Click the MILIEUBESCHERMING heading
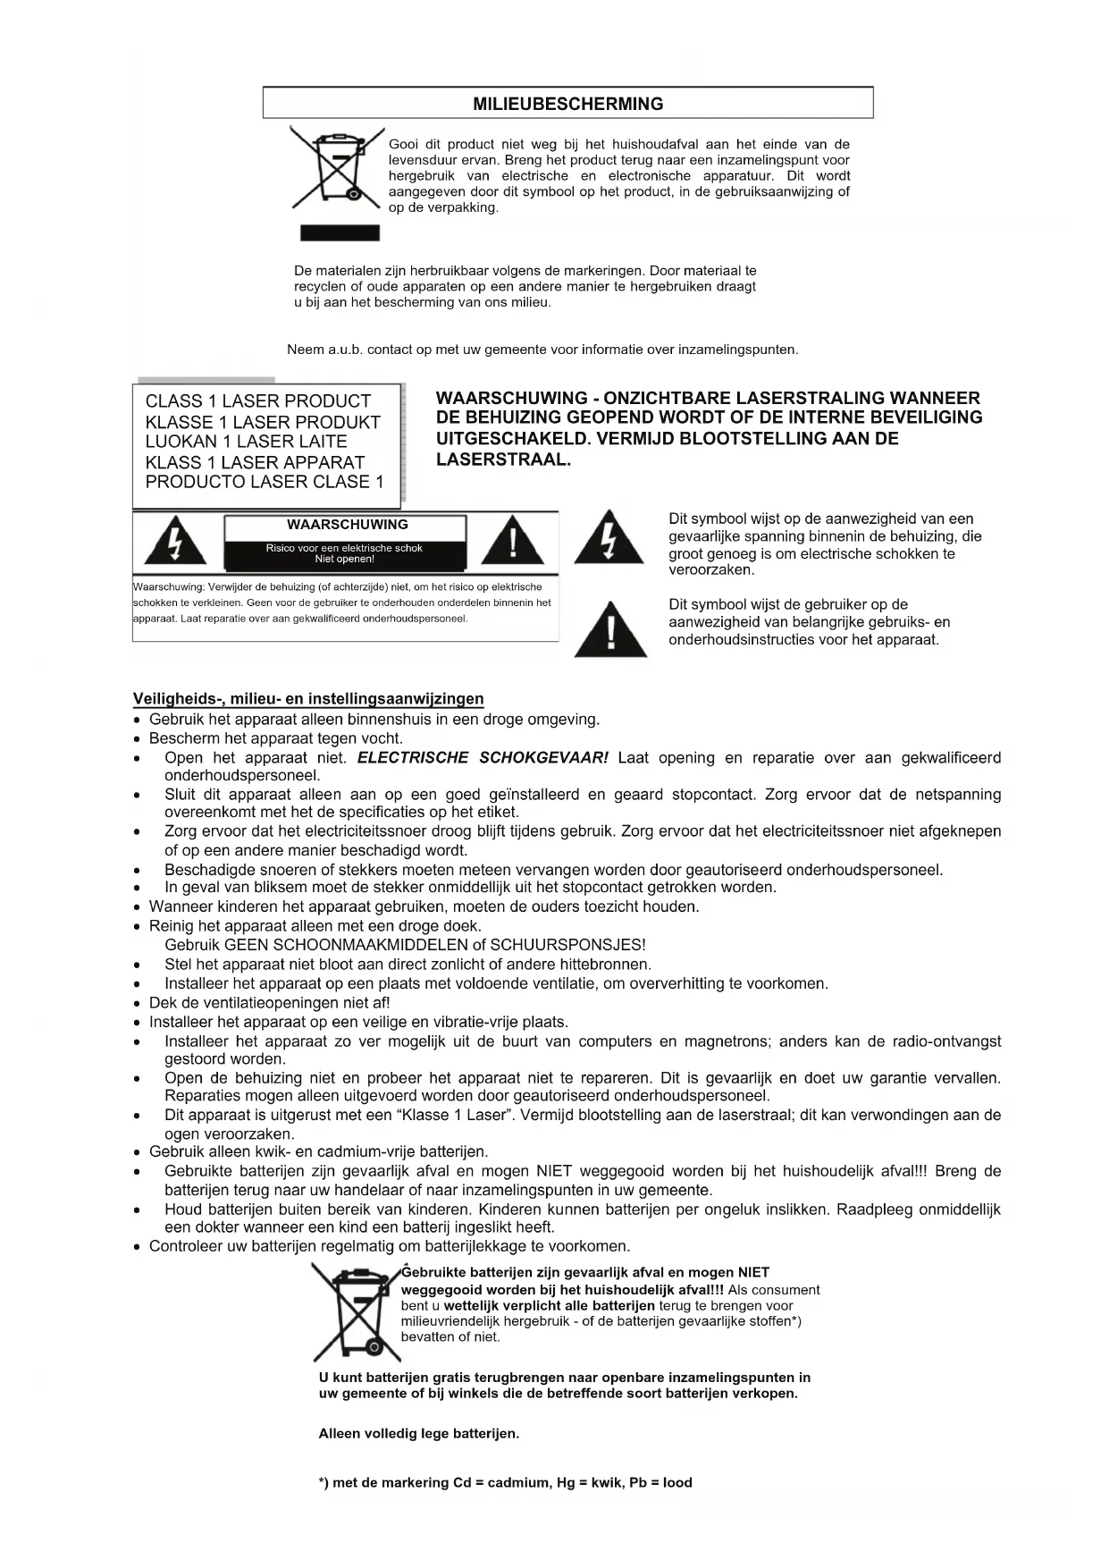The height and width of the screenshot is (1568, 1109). coord(567,104)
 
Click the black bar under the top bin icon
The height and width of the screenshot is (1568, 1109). coord(340,233)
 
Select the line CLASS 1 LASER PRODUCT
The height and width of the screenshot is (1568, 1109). coord(257,401)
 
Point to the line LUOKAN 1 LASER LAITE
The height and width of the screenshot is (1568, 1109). coord(246,442)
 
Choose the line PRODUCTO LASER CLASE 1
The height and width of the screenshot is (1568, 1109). coord(264,483)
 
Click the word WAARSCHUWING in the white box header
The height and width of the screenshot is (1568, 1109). coord(347,525)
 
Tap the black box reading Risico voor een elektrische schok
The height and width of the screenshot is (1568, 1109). coord(344,553)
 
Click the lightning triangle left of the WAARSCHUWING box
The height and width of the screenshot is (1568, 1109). coord(176,540)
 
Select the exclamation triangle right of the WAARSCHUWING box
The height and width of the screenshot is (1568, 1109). coord(512,540)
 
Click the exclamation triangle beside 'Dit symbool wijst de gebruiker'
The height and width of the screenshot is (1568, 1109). coord(610,629)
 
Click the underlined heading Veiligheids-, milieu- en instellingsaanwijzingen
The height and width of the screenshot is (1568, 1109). coord(308,699)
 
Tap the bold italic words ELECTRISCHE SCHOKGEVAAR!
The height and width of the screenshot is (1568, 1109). coord(483,758)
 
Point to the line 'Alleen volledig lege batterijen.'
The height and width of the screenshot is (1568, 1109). coord(418,1434)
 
